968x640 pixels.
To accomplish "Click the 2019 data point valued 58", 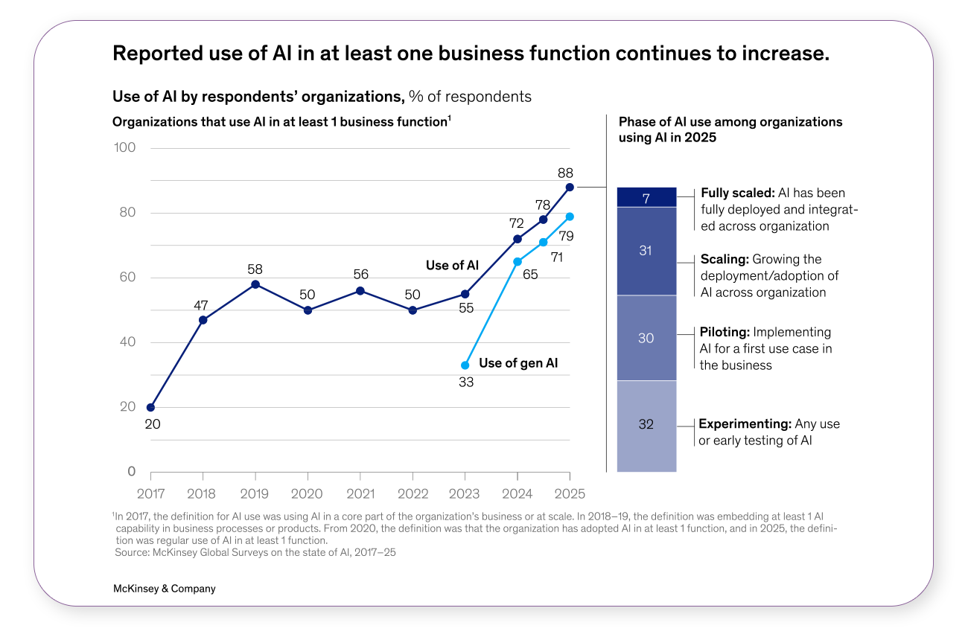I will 255,284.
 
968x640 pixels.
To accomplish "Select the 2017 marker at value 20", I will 151,407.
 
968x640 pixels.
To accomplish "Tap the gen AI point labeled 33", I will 465,365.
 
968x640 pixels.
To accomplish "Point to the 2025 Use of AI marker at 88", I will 570,188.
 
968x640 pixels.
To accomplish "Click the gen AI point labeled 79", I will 570,217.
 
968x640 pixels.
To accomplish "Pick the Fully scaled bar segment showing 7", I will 646,197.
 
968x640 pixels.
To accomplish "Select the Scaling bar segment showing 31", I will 646,251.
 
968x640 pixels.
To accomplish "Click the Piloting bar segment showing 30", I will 646,338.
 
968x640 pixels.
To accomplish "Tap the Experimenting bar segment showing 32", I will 646,425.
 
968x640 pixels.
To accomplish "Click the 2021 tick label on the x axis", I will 360,493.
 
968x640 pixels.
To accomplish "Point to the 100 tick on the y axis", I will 125,147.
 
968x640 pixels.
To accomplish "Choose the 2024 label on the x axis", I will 518,493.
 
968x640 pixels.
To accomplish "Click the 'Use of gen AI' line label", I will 518,363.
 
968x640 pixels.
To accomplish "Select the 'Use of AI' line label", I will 452,266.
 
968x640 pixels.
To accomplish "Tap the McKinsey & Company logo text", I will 164,589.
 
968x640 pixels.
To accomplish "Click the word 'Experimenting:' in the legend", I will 745,424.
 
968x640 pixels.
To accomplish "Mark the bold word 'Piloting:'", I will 725,332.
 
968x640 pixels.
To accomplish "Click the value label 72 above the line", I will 517,223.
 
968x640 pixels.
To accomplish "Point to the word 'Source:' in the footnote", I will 132,552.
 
